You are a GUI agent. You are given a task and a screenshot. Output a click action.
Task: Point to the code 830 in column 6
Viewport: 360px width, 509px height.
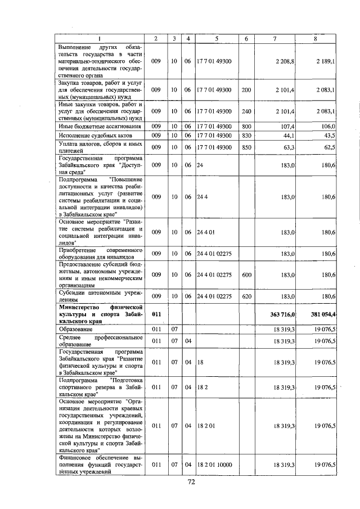tap(246, 136)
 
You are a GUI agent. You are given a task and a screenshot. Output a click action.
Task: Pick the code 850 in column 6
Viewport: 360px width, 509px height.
tap(246, 147)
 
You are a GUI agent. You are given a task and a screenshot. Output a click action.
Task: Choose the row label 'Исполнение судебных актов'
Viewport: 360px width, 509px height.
tap(91, 136)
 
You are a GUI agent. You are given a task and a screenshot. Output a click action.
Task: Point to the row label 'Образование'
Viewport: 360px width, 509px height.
tap(76, 327)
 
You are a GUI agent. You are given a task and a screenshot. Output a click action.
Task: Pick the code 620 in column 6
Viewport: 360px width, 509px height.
tap(246, 296)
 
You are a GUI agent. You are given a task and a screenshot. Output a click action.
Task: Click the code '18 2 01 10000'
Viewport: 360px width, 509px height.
tap(215, 464)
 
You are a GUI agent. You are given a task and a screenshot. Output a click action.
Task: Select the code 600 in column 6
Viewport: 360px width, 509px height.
tap(246, 274)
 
